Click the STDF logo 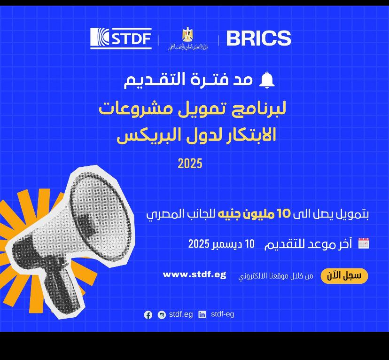coord(121,38)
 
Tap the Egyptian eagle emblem coord(188,34)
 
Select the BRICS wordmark coord(258,38)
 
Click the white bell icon coord(267,80)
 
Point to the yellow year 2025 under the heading coord(190,164)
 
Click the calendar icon coord(364,243)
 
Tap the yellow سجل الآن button coord(344,276)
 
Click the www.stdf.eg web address coord(194,274)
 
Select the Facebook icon coord(148,315)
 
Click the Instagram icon coord(162,315)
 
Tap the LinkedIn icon coord(202,314)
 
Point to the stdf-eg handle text coord(223,314)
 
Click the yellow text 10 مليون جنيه coord(254,214)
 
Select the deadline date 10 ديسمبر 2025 coord(221,244)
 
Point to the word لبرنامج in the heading coord(259,109)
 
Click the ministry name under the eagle coord(188,47)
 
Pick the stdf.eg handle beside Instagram coord(181,314)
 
